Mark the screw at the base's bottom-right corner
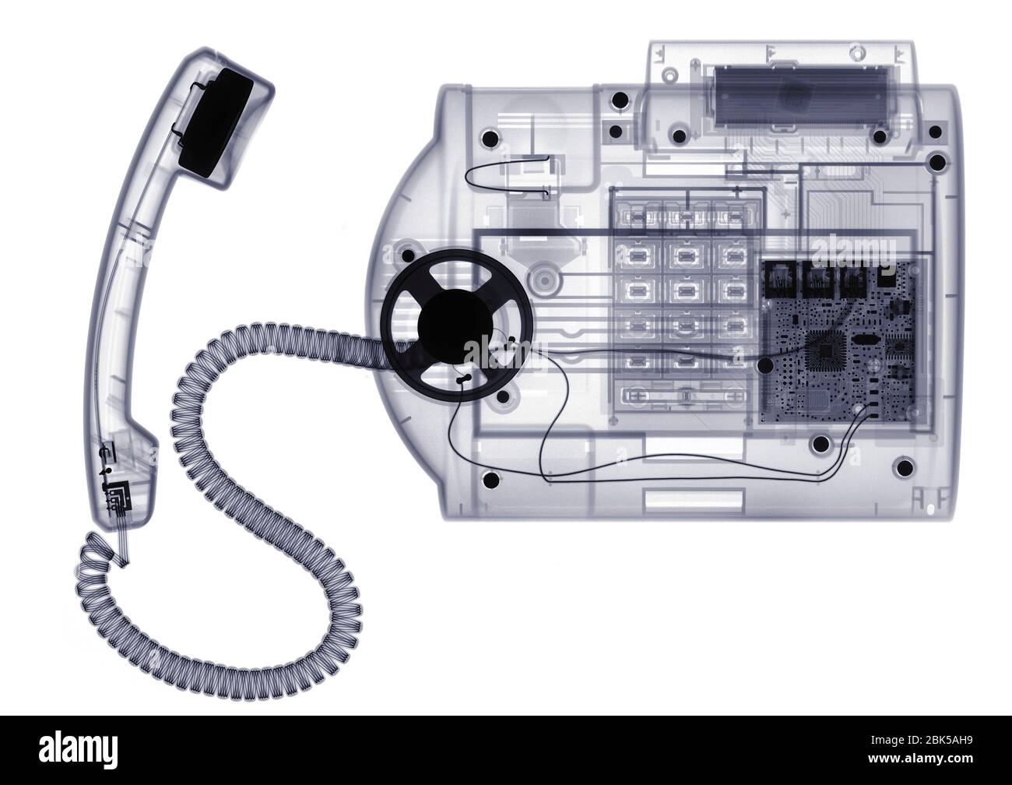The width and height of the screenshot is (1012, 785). pos(904,467)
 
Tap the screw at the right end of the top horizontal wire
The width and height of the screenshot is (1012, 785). pos(937,164)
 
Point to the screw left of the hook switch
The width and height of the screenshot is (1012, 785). pos(490,139)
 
